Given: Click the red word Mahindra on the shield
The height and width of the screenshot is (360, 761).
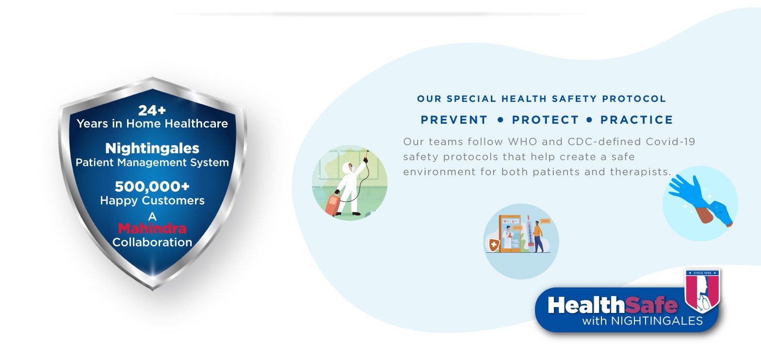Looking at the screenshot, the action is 152,229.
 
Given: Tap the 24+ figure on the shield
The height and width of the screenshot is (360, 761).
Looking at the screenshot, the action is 152,111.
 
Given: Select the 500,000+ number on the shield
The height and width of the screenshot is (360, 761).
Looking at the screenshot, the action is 152,186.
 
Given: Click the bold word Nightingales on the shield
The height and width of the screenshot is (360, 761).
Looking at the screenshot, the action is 152,148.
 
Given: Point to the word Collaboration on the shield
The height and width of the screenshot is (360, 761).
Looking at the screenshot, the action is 152,243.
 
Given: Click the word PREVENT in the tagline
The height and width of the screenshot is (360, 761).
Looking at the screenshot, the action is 454,120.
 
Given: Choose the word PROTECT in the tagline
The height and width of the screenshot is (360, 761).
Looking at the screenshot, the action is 545,120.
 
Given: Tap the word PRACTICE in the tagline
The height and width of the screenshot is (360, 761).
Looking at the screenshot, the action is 637,120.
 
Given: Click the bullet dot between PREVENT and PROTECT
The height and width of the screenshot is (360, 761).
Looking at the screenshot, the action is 500,120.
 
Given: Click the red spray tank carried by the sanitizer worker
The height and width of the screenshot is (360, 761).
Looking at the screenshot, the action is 333,205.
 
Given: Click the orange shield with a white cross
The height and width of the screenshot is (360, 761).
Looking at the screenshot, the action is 494,245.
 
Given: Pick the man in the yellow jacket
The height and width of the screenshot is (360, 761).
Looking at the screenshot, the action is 538,237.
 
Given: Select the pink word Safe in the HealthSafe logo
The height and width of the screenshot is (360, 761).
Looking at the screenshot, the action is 651,305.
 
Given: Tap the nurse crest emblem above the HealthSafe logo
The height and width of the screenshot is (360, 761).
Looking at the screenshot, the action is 702,291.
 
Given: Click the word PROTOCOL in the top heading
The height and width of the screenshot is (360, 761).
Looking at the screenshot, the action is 633,99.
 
